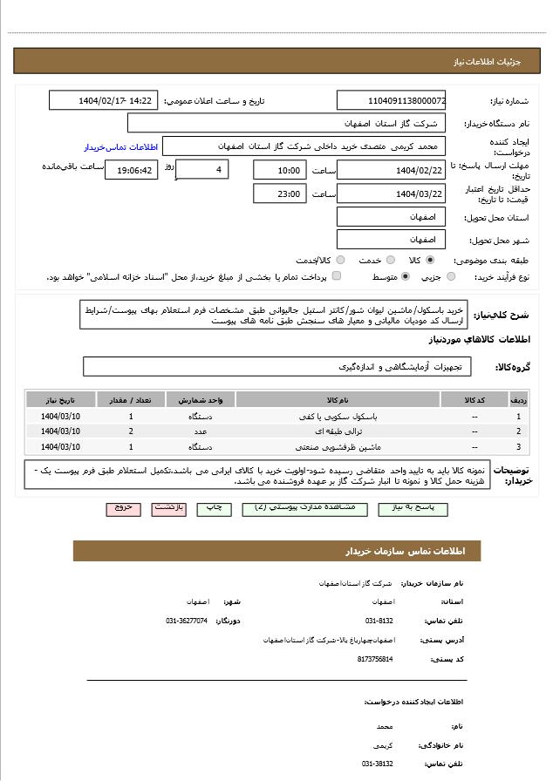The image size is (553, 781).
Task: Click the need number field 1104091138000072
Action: tap(391, 101)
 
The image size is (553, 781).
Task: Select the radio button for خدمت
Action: tap(390, 260)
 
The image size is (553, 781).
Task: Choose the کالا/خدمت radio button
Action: tap(340, 260)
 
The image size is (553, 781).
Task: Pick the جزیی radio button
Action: tap(450, 277)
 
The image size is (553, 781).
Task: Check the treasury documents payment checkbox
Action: tap(337, 277)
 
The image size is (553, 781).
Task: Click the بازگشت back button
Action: tap(168, 507)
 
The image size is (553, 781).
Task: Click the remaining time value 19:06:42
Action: tap(131, 170)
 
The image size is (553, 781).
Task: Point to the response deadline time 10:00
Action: tap(279, 170)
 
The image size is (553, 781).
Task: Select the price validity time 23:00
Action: tap(279, 194)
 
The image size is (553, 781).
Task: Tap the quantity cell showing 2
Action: tap(131, 431)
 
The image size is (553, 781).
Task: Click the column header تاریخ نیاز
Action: tap(60, 400)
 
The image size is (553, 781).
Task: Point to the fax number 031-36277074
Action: tap(187, 621)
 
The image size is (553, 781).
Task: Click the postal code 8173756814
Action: tap(375, 659)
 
